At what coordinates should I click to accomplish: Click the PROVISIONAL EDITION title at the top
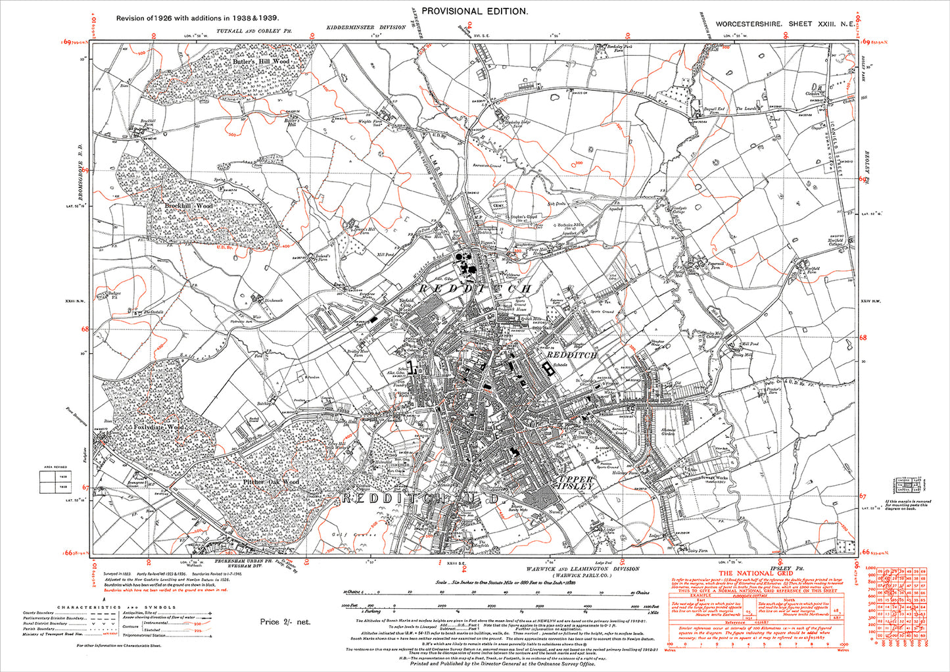(x=474, y=11)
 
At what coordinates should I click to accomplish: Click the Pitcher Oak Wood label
(x=271, y=482)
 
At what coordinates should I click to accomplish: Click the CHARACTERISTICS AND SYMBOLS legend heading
(x=116, y=608)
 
